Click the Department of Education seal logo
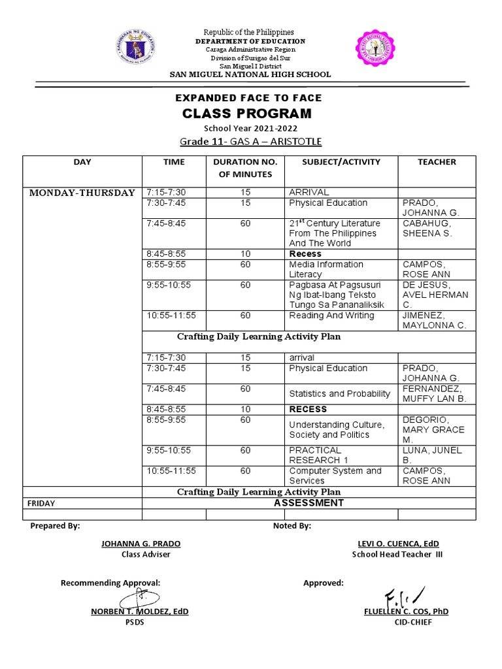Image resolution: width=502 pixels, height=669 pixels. point(139,49)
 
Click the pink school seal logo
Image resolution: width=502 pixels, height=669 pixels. point(376,49)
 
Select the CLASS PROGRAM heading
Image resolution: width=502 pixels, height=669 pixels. point(246,114)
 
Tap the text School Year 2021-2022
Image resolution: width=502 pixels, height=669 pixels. point(246,128)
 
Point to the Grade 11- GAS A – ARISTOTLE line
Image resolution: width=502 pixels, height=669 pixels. point(251,142)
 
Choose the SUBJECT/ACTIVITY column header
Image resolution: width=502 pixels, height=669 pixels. point(341,162)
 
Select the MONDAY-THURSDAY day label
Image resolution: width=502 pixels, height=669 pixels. point(82,193)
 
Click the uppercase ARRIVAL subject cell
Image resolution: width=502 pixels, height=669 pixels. point(309,192)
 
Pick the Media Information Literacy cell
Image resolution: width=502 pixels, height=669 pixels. point(326,269)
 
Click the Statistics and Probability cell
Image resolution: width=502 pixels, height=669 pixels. point(340,393)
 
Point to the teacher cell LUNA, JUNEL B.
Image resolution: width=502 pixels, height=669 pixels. point(432,455)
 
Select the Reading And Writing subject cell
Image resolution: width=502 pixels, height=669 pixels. point(331,316)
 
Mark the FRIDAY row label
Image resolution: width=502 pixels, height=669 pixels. point(41,504)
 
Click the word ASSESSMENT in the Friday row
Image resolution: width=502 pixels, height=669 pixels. point(309,503)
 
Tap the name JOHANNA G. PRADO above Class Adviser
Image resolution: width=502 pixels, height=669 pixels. point(141,544)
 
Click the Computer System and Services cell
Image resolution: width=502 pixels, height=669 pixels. point(335,476)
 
